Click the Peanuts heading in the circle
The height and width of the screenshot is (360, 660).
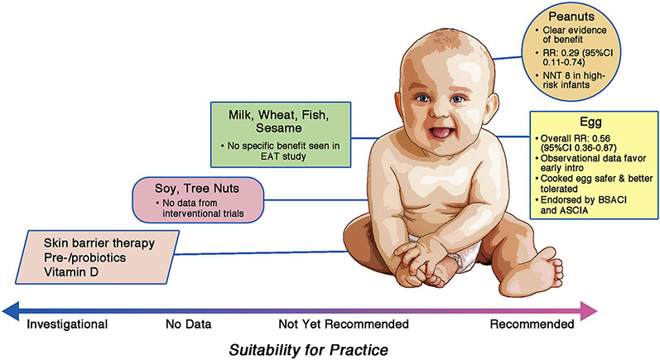point(571,17)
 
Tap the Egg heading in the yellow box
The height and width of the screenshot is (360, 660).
point(590,122)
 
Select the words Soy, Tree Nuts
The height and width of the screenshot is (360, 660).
point(197,188)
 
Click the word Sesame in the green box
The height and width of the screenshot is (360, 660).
point(278,127)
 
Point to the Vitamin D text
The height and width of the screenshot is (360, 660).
point(70,272)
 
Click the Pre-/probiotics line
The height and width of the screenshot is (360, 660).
point(84,257)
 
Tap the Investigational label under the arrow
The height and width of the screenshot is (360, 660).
point(67,324)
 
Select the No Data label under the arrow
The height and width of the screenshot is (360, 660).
point(189,324)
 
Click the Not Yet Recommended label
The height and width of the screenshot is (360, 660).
point(344,324)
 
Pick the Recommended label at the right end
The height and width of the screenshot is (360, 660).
point(532,324)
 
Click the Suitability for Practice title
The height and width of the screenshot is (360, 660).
point(309,350)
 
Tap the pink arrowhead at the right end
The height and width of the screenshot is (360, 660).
point(589,312)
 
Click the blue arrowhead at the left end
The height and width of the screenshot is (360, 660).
point(11,312)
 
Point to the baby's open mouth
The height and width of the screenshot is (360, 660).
point(438,132)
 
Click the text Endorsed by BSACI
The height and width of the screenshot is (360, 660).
point(583,199)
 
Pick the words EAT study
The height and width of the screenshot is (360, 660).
point(283,156)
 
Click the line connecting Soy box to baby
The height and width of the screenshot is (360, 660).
point(316,199)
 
